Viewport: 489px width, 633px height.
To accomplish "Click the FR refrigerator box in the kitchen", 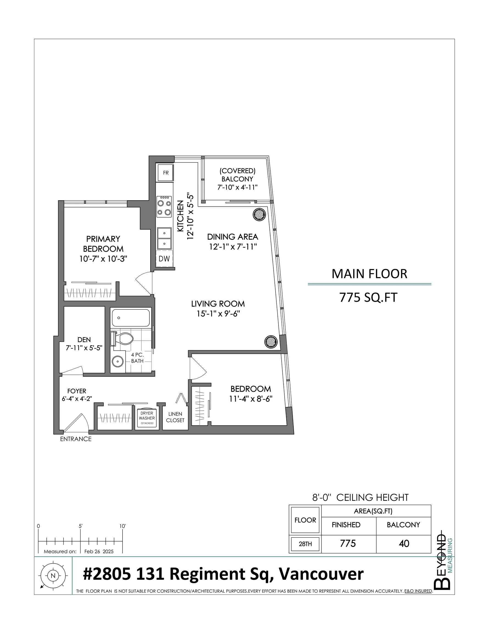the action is (x=165, y=173).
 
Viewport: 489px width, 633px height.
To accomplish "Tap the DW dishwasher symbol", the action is (x=164, y=259).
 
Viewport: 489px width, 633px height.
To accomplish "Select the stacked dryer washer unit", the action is (x=147, y=418).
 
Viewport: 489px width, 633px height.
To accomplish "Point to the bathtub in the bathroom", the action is (x=131, y=318).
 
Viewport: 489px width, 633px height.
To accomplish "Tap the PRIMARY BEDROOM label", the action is (x=103, y=244).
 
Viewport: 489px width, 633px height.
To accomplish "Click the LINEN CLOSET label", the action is (x=175, y=417).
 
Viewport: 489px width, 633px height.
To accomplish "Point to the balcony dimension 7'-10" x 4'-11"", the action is (x=237, y=187).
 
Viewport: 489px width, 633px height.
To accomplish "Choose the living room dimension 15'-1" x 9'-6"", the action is (x=218, y=313).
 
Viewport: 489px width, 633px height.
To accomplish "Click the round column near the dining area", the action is (x=259, y=215).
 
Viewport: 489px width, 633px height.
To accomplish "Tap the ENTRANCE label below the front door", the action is (x=76, y=439).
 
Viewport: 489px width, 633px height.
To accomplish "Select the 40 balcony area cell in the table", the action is (x=404, y=543).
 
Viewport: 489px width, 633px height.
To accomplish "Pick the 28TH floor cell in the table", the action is (x=305, y=544).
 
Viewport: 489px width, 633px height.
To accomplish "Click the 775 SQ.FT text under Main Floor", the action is (x=368, y=297).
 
